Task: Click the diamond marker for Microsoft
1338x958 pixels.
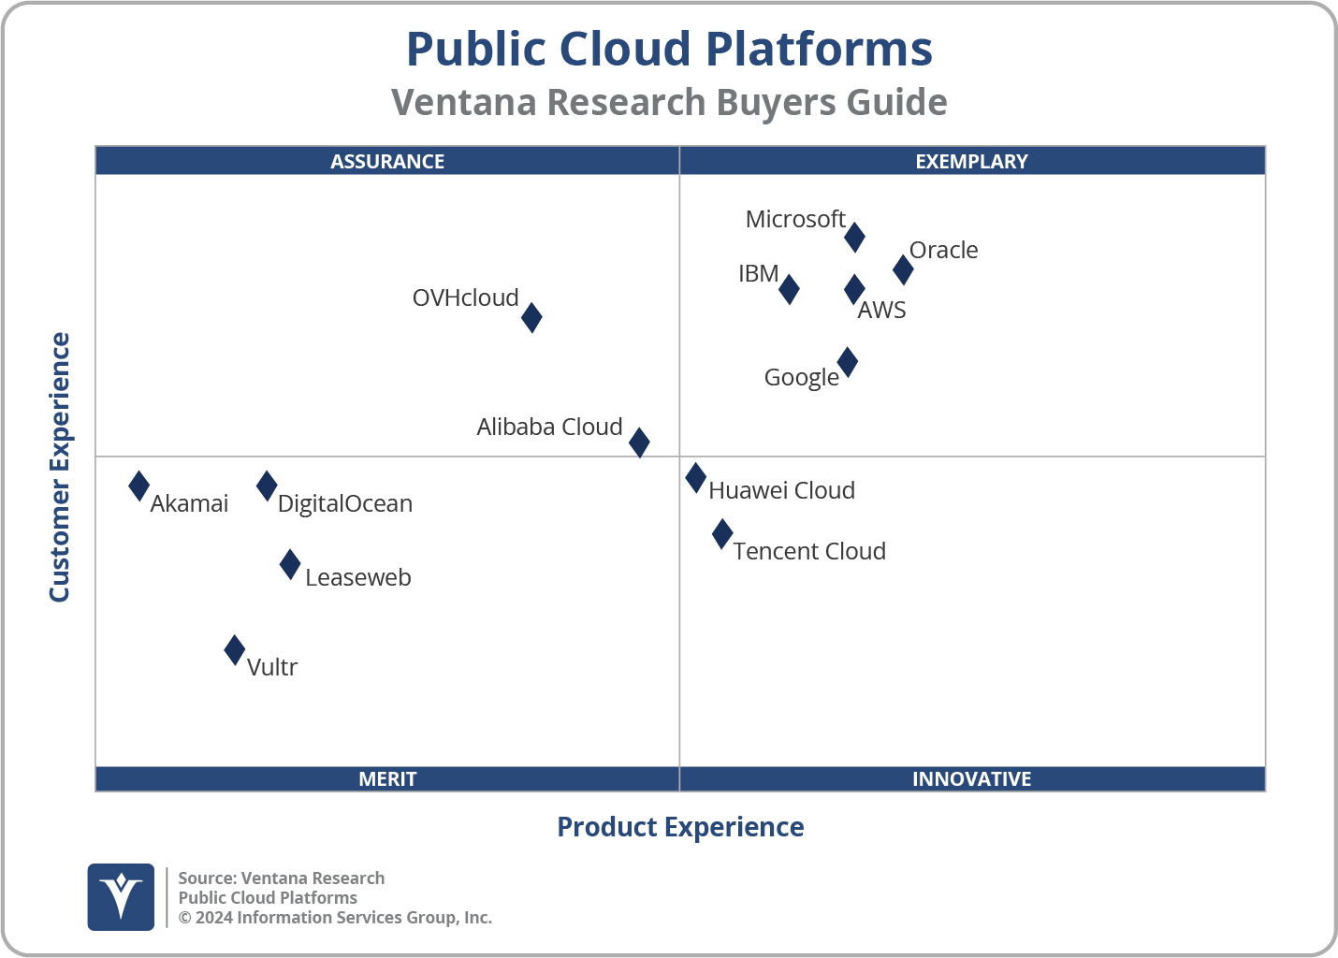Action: pyautogui.click(x=854, y=238)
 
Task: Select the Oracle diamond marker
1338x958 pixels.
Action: pyautogui.click(x=903, y=269)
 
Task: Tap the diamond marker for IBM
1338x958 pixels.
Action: pyautogui.click(x=789, y=289)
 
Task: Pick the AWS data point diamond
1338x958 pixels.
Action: pyautogui.click(x=854, y=290)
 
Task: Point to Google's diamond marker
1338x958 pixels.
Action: pyautogui.click(x=847, y=362)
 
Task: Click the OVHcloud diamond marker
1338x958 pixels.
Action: pyautogui.click(x=531, y=317)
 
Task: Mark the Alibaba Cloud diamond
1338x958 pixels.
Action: pyautogui.click(x=639, y=442)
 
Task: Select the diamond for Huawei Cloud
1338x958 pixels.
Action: pyautogui.click(x=695, y=478)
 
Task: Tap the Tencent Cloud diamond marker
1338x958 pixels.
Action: pyautogui.click(x=722, y=534)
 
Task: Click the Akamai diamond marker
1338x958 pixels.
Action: pyautogui.click(x=138, y=486)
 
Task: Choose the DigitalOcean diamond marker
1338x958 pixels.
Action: pyautogui.click(x=267, y=486)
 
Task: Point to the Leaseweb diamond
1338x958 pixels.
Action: pyautogui.click(x=290, y=564)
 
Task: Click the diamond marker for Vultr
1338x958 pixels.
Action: pyautogui.click(x=235, y=649)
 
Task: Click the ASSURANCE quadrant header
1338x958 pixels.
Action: pyautogui.click(x=387, y=161)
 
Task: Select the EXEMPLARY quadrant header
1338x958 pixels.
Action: pyautogui.click(x=971, y=161)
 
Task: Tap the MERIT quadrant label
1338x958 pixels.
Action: pyautogui.click(x=387, y=778)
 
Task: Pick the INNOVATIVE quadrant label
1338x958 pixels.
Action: pyautogui.click(x=971, y=778)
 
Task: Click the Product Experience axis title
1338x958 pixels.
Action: pyautogui.click(x=680, y=827)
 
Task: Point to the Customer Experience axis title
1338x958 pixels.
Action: pyautogui.click(x=60, y=468)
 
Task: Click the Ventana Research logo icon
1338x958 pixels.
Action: pyautogui.click(x=121, y=896)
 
